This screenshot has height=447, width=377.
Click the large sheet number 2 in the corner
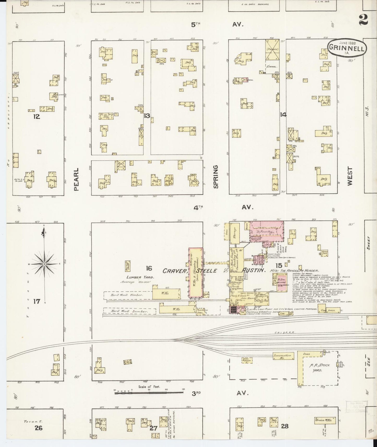(363, 20)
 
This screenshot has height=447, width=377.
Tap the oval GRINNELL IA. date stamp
(347, 48)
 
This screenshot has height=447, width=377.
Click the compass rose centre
(45, 264)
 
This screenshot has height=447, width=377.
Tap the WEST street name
(350, 177)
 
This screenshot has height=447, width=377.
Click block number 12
(37, 117)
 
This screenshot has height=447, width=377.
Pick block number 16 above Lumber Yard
(149, 268)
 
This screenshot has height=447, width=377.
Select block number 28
(285, 426)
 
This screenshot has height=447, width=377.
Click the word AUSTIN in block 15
(254, 270)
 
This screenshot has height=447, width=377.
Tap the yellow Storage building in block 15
(235, 233)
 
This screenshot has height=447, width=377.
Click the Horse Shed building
(325, 252)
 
